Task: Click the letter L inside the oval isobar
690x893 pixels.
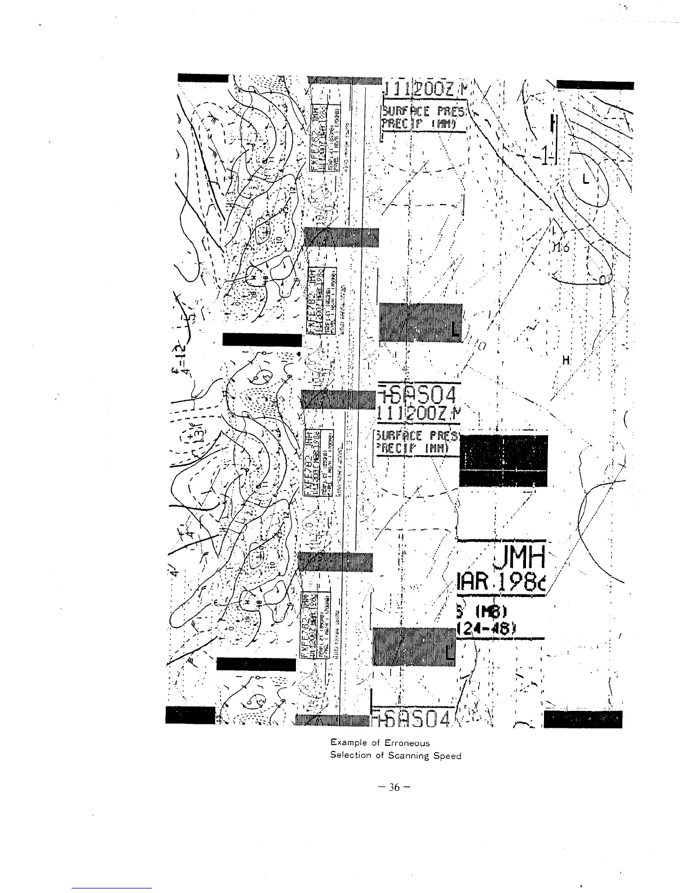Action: (586, 180)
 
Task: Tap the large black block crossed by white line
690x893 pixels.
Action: (504, 460)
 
